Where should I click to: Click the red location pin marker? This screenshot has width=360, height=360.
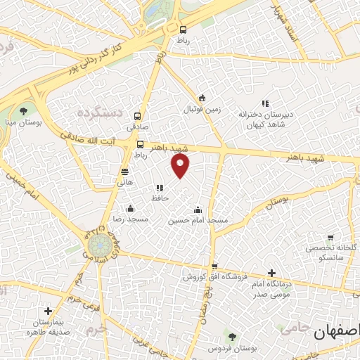(181, 166)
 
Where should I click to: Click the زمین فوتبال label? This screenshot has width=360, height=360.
(202, 110)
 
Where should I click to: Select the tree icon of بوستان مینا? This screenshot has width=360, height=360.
(24, 110)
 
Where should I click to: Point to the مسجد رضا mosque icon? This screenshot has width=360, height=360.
(130, 208)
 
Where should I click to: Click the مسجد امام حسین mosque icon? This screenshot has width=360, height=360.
(198, 209)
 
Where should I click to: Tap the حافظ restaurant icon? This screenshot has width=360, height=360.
(160, 188)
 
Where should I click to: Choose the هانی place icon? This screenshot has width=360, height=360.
(124, 171)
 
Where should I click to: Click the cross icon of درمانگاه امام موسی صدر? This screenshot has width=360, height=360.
(272, 273)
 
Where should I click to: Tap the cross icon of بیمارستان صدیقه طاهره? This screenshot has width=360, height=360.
(48, 310)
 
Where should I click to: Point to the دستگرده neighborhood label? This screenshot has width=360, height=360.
(100, 112)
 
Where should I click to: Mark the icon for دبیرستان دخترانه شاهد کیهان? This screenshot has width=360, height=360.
(265, 103)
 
